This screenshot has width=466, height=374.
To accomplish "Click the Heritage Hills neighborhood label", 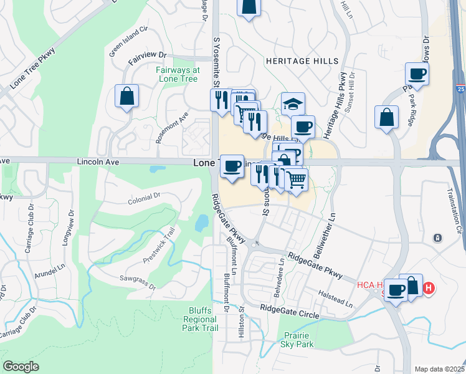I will coord(302,61).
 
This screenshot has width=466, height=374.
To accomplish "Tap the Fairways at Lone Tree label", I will coord(178,74).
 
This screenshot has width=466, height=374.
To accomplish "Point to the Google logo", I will coord(21,367).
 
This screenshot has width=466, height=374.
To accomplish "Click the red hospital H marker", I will coord(429,288).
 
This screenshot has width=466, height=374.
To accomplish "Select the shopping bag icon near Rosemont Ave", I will coord(126,97).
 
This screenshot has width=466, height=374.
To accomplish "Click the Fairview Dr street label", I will coord(148,57).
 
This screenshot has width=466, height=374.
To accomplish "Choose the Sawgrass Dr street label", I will coord(139,283).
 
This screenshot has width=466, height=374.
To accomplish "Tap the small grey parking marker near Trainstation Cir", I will coord(438,238).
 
